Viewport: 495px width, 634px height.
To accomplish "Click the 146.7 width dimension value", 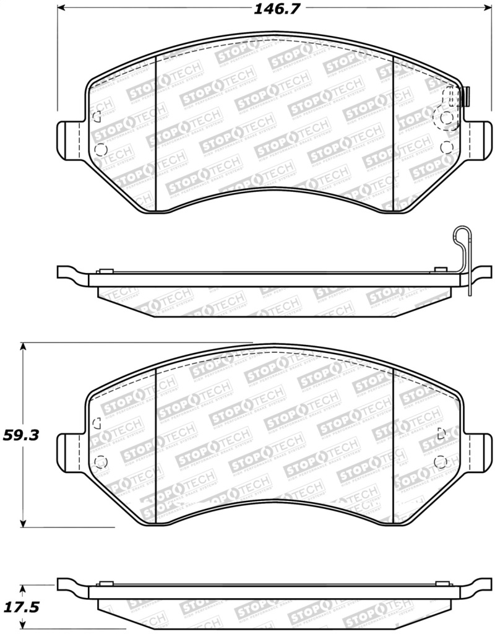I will coord(272,9).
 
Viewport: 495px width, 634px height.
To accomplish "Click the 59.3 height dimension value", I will coord(22,435).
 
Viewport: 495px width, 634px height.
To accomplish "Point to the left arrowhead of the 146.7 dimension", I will coord(62,9).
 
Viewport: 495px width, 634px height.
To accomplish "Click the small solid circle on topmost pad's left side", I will coord(101,149).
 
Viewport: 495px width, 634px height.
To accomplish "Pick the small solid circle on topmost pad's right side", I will coord(447,147).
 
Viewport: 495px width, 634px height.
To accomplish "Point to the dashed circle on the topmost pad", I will coord(444,119).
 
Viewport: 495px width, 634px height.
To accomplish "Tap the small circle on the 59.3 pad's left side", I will coord(101,461).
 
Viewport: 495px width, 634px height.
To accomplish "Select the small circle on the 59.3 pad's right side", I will coord(441,461).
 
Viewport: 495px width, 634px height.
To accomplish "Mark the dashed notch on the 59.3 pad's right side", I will coord(441,433).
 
